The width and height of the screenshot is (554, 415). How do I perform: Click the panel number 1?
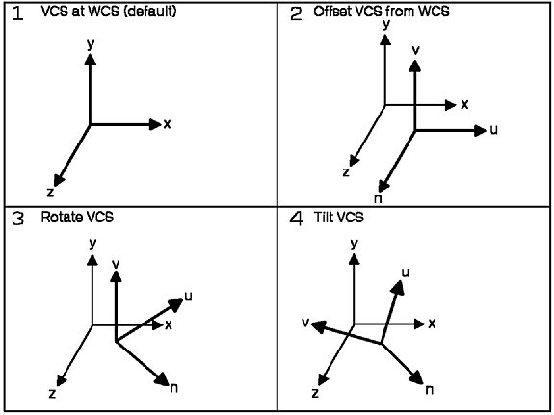[x=17, y=13]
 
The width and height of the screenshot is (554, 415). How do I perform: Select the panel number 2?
[x=296, y=13]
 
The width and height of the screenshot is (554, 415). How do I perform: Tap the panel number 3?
[x=17, y=219]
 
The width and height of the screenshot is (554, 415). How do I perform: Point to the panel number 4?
[x=296, y=219]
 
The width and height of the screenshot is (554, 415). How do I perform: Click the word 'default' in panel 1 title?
[x=150, y=12]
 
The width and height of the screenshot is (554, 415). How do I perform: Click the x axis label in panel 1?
[x=167, y=124]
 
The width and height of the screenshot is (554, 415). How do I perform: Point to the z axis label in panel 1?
[x=50, y=193]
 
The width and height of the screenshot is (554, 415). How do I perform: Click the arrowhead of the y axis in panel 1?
[x=91, y=59]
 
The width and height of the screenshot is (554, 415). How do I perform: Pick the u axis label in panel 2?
[x=494, y=130]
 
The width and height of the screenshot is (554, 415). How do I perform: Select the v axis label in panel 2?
[x=416, y=50]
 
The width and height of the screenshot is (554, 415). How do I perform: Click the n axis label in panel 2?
[x=378, y=199]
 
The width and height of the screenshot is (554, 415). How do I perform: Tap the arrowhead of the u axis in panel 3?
[x=175, y=304]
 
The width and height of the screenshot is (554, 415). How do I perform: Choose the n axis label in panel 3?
[x=173, y=388]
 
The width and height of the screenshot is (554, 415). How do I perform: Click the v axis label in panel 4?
[x=305, y=323]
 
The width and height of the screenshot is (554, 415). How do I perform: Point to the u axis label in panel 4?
[x=406, y=272]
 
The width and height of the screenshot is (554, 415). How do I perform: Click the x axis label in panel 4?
[x=432, y=324]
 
